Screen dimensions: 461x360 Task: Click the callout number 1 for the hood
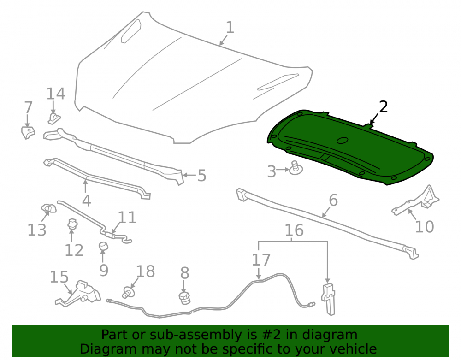(x=230, y=27)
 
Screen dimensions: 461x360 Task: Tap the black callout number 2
(x=384, y=106)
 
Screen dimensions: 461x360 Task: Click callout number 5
(x=202, y=176)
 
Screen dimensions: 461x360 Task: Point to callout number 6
(x=333, y=200)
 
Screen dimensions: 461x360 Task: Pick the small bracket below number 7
(x=28, y=133)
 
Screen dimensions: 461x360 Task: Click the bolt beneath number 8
(x=185, y=298)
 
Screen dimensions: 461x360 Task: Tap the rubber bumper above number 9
(x=103, y=247)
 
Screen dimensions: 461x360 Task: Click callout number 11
(x=127, y=218)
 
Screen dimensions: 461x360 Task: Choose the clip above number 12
(x=72, y=224)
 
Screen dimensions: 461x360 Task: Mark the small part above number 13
(x=48, y=208)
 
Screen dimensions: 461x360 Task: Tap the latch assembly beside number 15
(x=78, y=294)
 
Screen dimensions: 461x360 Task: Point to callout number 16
(x=294, y=230)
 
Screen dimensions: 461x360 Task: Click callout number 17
(x=261, y=260)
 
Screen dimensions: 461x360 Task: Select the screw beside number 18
(x=129, y=293)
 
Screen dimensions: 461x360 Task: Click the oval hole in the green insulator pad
(x=342, y=141)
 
